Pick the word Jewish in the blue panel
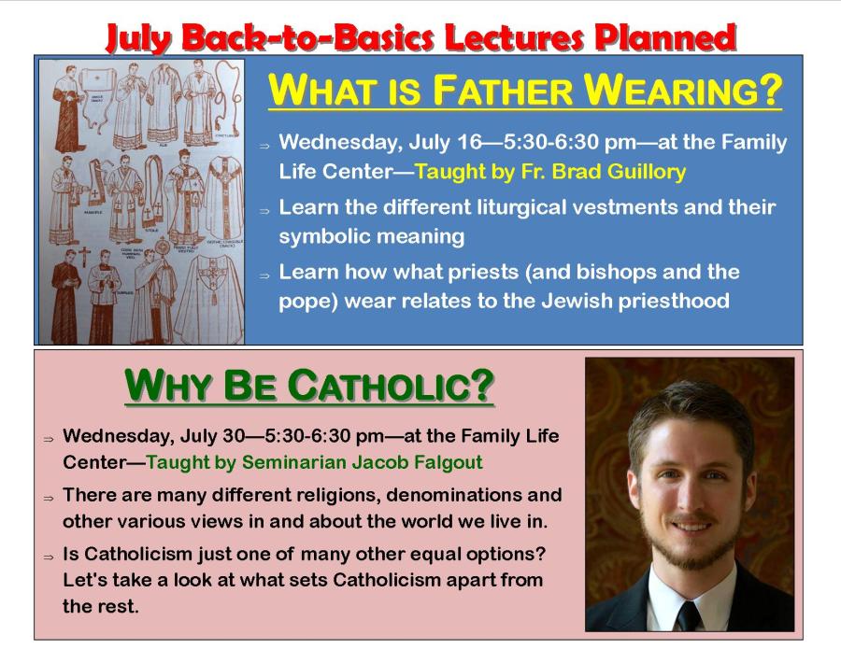tap(577, 301)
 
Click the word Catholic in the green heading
tap(391, 386)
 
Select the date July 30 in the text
tap(212, 436)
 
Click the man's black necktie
tap(688, 615)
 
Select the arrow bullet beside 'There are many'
tap(49, 498)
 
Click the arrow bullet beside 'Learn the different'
tap(264, 211)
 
